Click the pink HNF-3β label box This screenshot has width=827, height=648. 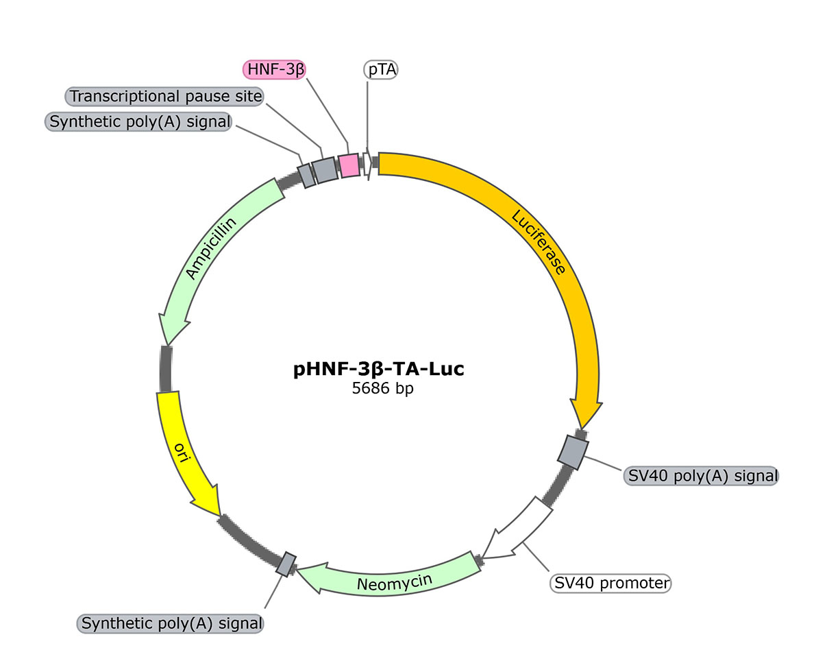(275, 69)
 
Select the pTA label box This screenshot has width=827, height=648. (380, 69)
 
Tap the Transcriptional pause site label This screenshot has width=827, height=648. (166, 97)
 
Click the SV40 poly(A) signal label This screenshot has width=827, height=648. (701, 475)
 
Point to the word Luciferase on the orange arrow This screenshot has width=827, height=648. (539, 242)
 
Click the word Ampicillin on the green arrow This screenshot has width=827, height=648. (211, 248)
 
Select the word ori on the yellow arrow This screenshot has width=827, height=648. (180, 453)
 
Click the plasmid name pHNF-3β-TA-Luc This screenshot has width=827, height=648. (379, 369)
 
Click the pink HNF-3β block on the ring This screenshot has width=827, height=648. (349, 165)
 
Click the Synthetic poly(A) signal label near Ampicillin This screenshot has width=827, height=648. (138, 121)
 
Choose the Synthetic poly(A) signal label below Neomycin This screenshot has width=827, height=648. (171, 623)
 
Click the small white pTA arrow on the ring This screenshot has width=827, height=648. (368, 163)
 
